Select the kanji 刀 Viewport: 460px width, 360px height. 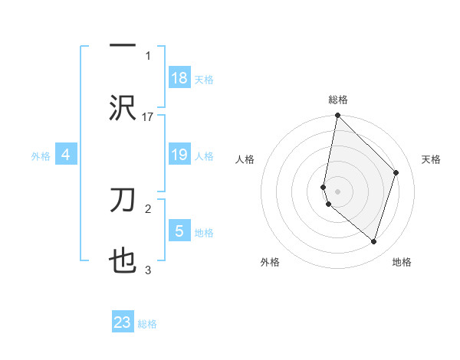click(x=123, y=201)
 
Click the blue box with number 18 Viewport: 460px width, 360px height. click(x=179, y=78)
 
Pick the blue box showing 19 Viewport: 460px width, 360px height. click(x=179, y=155)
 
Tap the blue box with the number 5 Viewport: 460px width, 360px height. click(x=179, y=231)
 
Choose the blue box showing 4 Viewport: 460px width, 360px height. click(x=66, y=155)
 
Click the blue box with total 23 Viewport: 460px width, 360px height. click(x=123, y=322)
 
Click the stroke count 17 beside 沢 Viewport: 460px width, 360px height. click(x=148, y=116)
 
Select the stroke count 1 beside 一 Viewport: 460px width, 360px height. click(x=148, y=55)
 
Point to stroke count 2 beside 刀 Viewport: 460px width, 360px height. click(x=148, y=208)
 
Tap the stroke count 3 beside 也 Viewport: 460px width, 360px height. click(x=148, y=270)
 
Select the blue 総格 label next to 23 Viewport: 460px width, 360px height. click(x=147, y=324)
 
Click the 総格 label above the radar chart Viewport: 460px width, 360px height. click(x=337, y=100)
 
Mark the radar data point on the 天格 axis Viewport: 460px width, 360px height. click(x=396, y=172)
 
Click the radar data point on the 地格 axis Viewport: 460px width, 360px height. click(x=373, y=241)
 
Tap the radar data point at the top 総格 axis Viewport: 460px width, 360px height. click(x=337, y=115)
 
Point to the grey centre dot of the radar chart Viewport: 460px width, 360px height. click(x=337, y=191)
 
